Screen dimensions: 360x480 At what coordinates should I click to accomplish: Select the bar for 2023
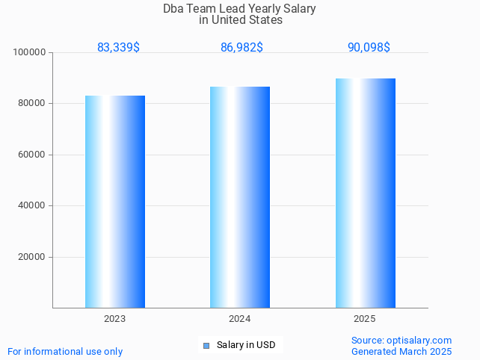click(x=115, y=202)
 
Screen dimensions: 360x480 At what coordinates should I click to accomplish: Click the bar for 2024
click(x=240, y=197)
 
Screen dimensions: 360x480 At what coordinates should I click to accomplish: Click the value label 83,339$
click(x=118, y=48)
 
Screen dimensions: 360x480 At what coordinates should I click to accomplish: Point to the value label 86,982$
click(x=241, y=48)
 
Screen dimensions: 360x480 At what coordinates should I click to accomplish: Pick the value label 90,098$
click(x=369, y=48)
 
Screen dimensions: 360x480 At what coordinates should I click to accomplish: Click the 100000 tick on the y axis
click(x=30, y=52)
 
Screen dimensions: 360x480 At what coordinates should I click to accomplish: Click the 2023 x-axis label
click(x=115, y=319)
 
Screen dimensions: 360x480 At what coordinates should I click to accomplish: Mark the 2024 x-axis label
click(x=240, y=319)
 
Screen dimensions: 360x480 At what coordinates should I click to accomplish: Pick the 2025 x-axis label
click(x=365, y=319)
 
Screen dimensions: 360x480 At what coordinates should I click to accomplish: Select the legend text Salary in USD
click(x=246, y=345)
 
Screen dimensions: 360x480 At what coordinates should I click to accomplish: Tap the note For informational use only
click(x=65, y=352)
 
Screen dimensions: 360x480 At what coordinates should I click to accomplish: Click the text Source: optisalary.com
click(x=401, y=341)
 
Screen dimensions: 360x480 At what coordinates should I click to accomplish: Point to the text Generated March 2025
click(x=401, y=352)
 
